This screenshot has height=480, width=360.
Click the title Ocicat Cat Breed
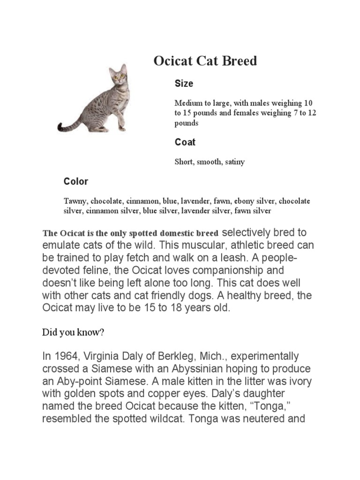[205, 61]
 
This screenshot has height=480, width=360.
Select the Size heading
[184, 83]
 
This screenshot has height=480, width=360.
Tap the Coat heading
[185, 142]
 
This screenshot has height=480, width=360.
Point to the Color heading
[75, 181]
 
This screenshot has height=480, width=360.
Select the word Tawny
[75, 201]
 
